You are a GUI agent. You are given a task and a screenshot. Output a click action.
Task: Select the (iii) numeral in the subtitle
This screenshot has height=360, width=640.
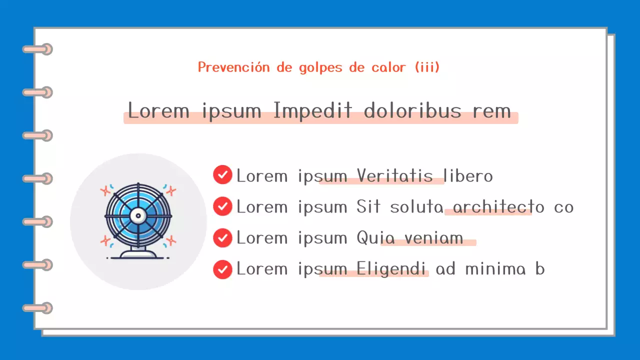pos(427,67)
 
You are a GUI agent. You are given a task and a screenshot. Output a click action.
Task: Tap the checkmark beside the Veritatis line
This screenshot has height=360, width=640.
pos(222,175)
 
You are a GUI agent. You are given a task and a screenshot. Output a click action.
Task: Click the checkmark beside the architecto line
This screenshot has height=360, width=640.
pos(222,206)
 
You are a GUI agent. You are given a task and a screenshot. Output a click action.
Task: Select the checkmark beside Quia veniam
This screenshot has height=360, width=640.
pos(222,237)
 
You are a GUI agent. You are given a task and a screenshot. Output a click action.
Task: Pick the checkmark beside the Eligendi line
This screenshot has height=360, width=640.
pos(222,269)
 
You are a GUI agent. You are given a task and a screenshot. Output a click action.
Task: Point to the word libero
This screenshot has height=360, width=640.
pos(468,176)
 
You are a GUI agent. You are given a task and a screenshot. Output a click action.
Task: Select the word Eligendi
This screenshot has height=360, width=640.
pos(391,269)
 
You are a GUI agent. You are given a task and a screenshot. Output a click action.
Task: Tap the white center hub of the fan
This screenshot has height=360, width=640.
pos(137,215)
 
